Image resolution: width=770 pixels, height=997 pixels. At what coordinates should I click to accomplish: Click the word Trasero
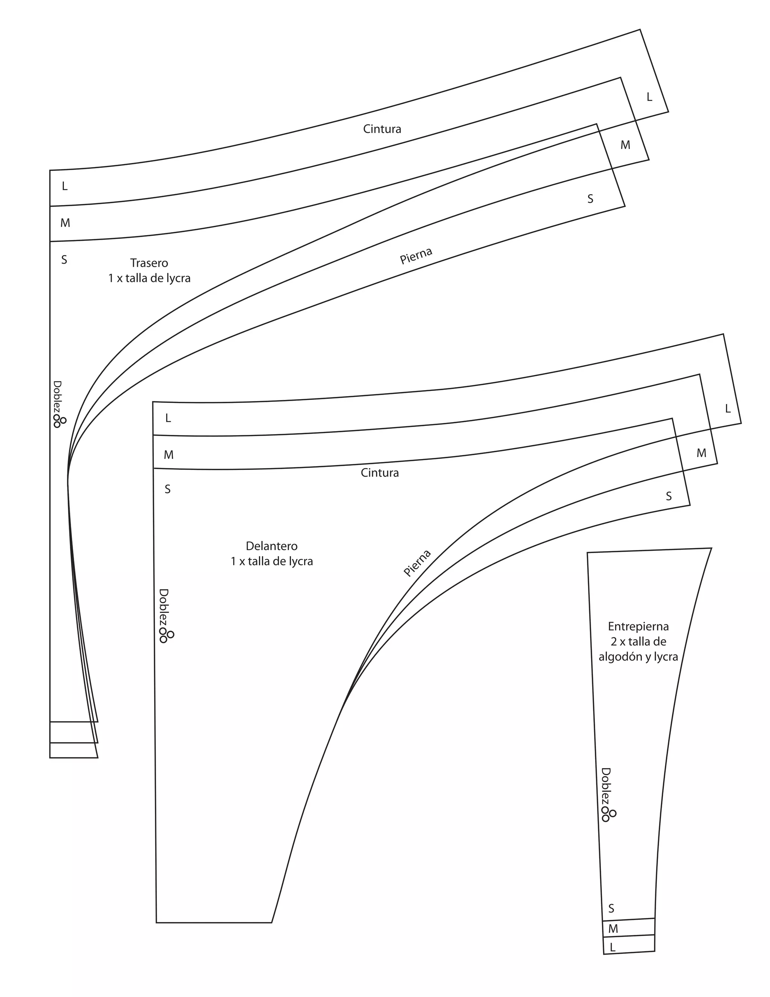click(149, 263)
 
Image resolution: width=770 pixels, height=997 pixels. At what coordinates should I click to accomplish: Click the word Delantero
click(271, 546)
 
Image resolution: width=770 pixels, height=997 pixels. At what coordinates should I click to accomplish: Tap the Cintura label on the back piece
click(382, 129)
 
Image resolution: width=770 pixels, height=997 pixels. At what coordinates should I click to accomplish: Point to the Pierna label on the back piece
click(416, 255)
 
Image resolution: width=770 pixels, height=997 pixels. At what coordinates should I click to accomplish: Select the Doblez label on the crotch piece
click(606, 787)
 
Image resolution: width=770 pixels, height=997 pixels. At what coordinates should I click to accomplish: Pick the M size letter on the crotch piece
click(613, 929)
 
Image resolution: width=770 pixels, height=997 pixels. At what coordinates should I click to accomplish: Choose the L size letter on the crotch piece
click(612, 947)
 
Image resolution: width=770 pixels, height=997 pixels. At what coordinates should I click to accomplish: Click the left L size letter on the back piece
click(65, 186)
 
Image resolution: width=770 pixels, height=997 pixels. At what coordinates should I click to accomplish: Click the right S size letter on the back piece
click(590, 199)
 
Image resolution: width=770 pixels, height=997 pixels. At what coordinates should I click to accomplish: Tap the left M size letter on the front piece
click(169, 455)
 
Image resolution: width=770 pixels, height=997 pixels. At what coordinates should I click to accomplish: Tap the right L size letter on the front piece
click(728, 409)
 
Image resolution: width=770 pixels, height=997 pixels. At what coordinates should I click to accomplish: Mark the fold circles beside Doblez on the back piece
click(59, 421)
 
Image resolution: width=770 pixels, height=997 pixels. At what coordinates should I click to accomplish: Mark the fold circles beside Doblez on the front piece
click(166, 635)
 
